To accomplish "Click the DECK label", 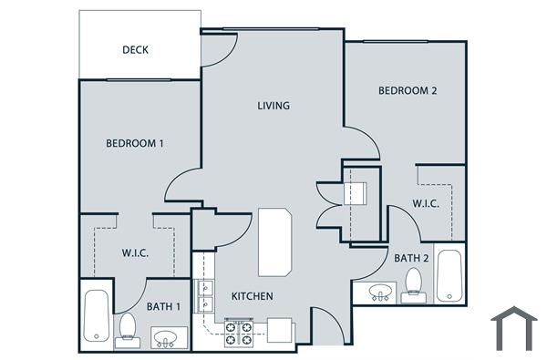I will click(135, 50).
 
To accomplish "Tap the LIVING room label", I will click(273, 106).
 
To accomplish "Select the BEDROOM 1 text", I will click(135, 143).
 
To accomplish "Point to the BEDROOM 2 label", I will click(408, 90).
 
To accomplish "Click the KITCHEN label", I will click(252, 296).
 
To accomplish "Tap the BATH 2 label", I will click(411, 258).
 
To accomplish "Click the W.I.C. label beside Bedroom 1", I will click(135, 253).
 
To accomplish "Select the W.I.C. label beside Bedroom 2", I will click(426, 203).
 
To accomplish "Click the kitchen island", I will click(274, 242).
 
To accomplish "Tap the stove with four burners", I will click(238, 332).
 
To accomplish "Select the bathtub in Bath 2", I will click(449, 275).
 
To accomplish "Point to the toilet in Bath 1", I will click(127, 328).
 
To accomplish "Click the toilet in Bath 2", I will click(414, 283).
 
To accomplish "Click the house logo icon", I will click(512, 329).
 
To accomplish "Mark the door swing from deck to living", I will click(212, 50).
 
